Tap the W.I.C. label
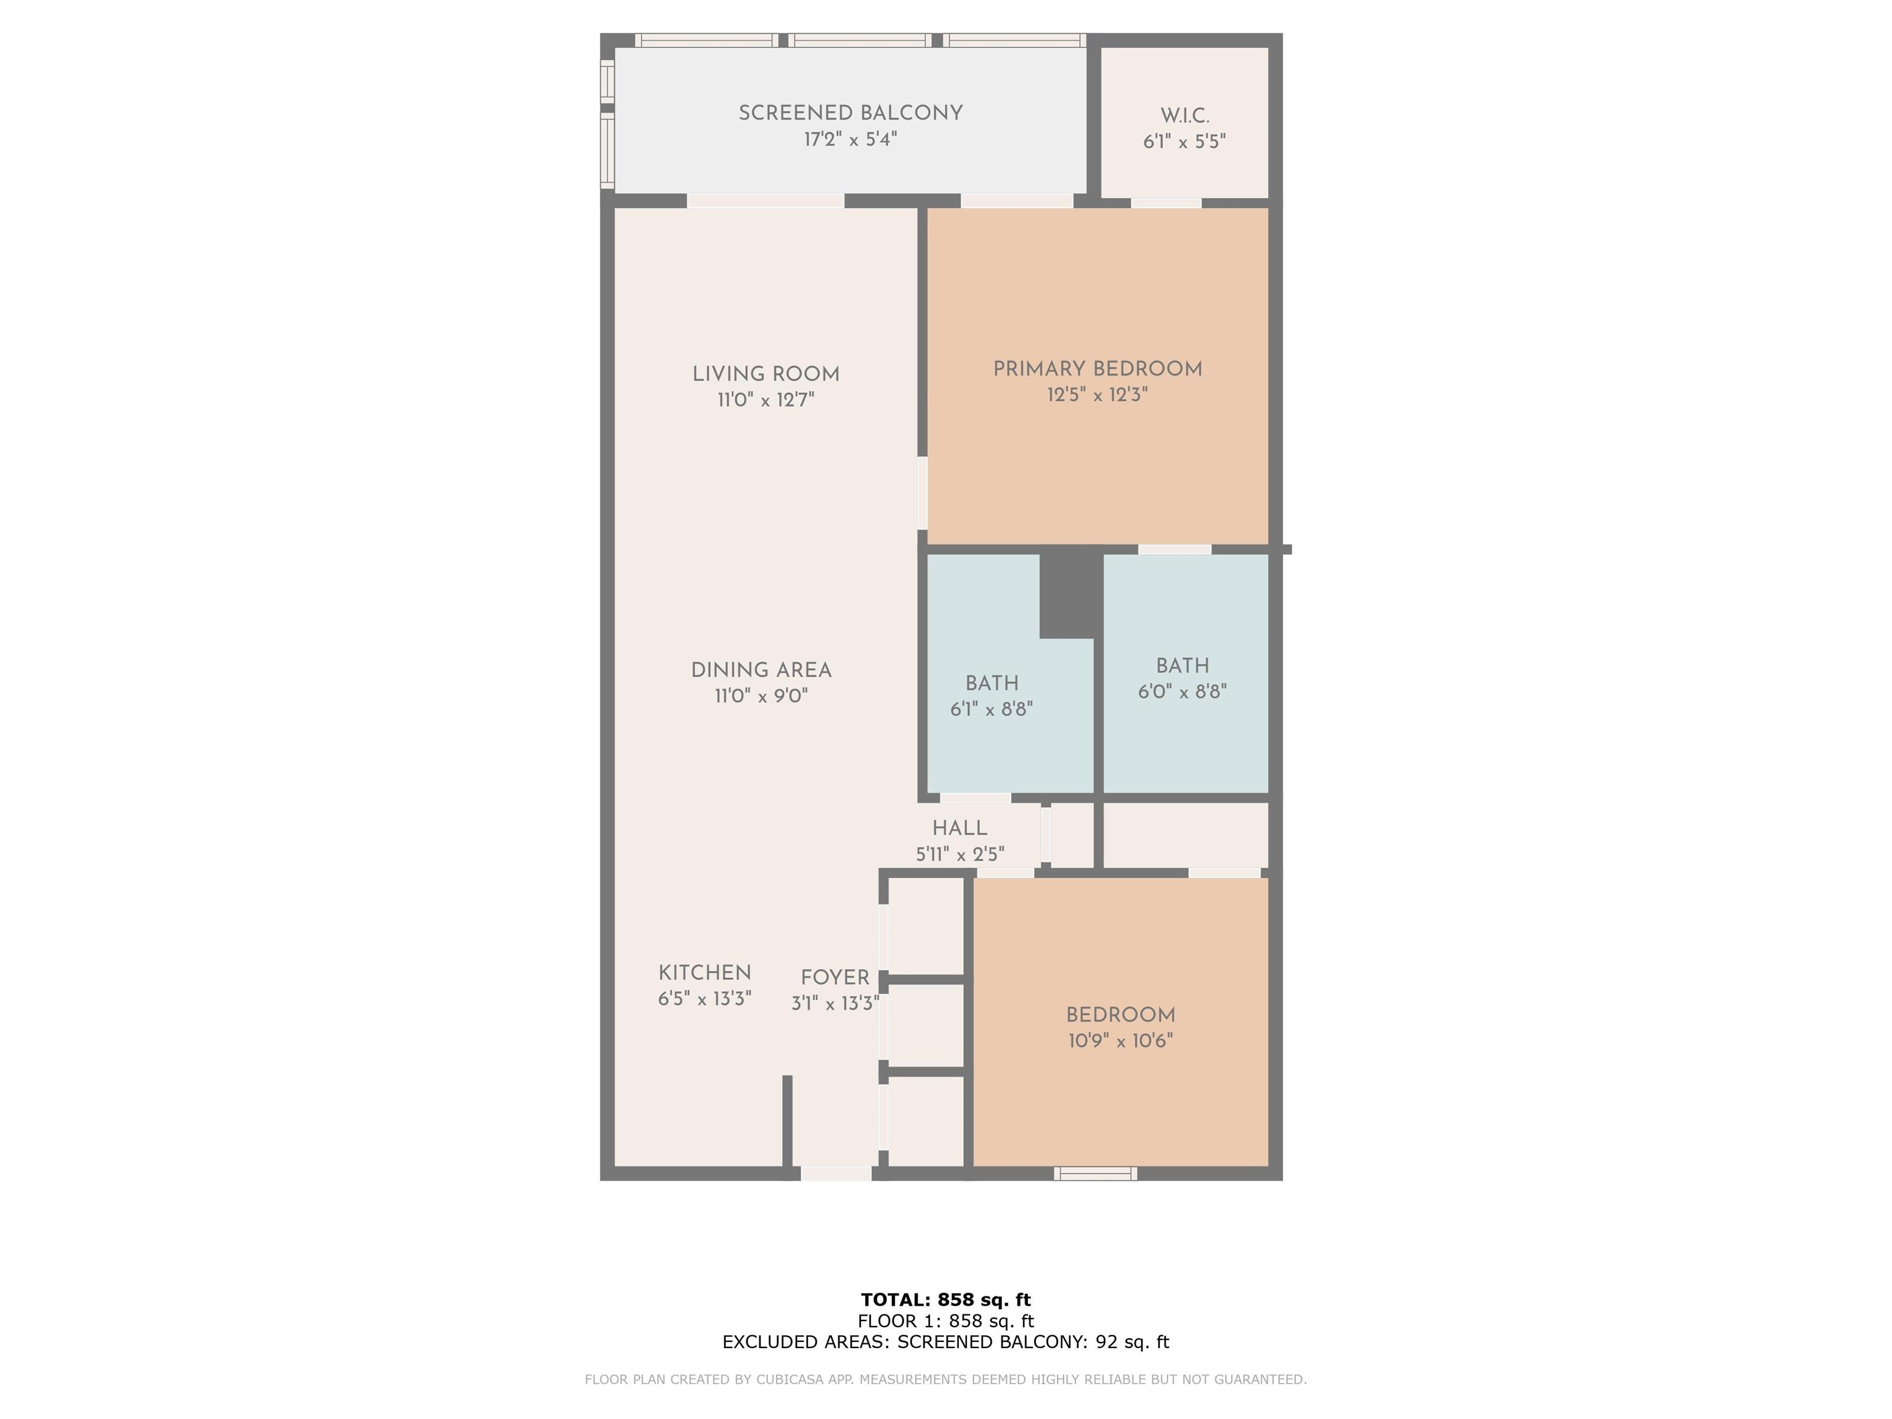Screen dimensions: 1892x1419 pos(1184,115)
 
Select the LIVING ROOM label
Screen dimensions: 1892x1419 pos(766,374)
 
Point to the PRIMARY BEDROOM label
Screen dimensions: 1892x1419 pos(1098,369)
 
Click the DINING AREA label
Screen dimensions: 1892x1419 pos(761,669)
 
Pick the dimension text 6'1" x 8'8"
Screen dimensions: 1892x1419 pos(992,709)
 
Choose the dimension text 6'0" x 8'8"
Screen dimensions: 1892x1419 pos(1182,691)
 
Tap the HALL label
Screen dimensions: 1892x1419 pos(960,828)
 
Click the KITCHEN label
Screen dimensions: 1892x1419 pos(705,972)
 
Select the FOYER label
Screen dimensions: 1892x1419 pos(835,977)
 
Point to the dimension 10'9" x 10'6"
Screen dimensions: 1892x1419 pos(1120,1041)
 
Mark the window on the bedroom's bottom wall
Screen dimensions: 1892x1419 pos(1095,1173)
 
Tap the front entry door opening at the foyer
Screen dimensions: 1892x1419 pos(836,1173)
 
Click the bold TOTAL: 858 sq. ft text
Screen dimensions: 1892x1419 pos(946,1300)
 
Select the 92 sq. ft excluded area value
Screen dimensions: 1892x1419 pos(1133,1341)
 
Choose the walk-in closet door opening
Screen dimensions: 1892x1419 pos(1166,203)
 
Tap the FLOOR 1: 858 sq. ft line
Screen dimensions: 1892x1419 pos(946,1320)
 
